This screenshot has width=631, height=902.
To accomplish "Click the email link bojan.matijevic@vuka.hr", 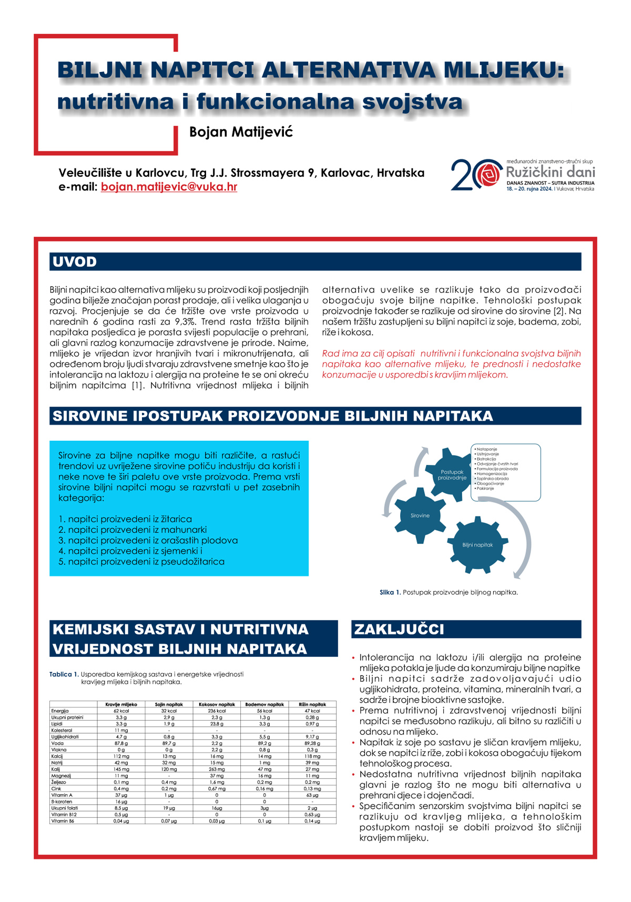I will click(x=169, y=187).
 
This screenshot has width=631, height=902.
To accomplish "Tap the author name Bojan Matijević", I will click(x=241, y=131).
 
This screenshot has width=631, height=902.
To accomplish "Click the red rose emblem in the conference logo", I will click(x=490, y=174).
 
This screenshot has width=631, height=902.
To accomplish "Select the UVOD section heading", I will click(x=75, y=262).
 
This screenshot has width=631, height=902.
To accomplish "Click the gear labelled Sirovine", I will click(x=420, y=515).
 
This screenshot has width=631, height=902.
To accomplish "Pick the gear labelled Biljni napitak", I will click(x=477, y=545).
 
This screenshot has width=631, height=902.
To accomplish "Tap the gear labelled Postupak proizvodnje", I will click(x=452, y=474).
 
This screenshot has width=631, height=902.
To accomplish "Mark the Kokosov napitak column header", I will click(x=217, y=704).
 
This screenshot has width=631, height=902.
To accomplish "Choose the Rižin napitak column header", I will click(x=312, y=704).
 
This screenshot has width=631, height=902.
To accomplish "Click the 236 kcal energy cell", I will click(x=217, y=711).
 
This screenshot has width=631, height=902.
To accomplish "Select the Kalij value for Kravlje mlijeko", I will click(x=121, y=769).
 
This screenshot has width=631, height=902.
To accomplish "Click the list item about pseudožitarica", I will click(x=141, y=562).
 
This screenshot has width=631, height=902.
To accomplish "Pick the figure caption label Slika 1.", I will click(x=390, y=592).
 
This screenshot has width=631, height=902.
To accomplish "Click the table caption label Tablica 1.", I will click(x=64, y=674).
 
